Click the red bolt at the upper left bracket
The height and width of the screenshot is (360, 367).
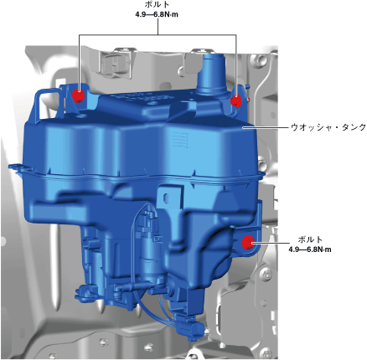click(x=78, y=95)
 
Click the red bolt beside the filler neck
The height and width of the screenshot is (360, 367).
click(x=236, y=100)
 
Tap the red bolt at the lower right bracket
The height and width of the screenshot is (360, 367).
click(x=247, y=242)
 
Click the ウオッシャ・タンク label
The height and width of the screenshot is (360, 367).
click(x=328, y=127)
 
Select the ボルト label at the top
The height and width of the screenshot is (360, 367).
click(x=158, y=5)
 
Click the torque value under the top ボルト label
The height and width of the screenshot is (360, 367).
click(x=157, y=14)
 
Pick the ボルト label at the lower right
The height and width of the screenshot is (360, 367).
click(x=310, y=239)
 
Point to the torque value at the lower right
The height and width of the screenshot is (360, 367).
click(x=310, y=249)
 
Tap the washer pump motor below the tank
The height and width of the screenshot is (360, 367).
click(x=148, y=245)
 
